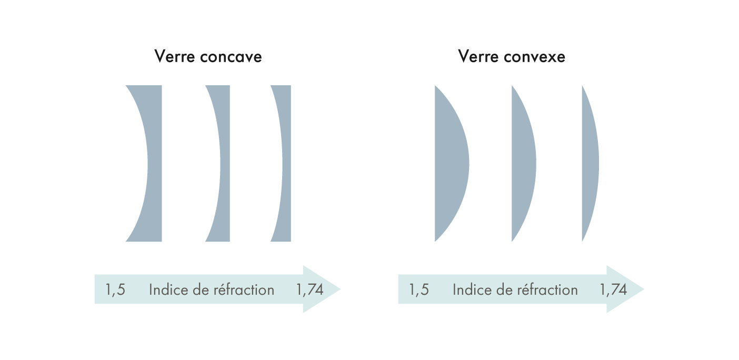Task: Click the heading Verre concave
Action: coord(208,57)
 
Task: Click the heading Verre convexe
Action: coord(512,57)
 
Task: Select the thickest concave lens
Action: coord(153,163)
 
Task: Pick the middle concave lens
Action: coord(224,163)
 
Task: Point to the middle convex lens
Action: coord(524,163)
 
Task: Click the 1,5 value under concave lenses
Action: coord(115,290)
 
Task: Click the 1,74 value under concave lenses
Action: coord(310,290)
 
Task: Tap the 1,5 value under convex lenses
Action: coord(419,290)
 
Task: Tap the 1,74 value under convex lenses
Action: coord(613,290)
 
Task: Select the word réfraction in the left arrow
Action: coord(245,290)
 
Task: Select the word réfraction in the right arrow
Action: coord(549,290)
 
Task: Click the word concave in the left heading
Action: coord(232,57)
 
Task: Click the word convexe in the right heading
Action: coord(535,57)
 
